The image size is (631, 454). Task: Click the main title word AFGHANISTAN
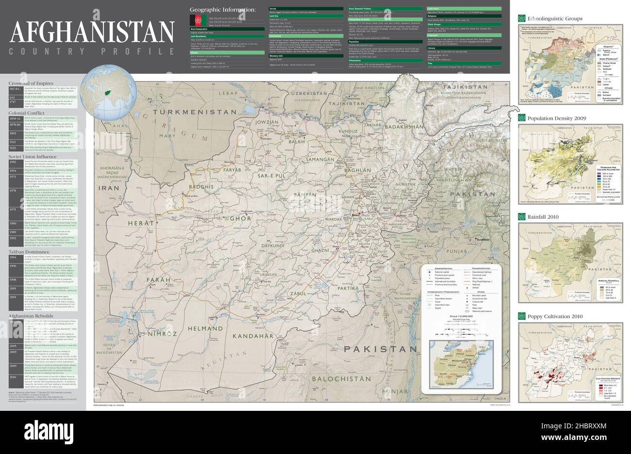coord(92,32)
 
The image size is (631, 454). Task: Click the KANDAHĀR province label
coord(253,336)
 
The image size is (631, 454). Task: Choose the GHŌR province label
coord(240,218)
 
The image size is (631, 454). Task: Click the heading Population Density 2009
coord(557,118)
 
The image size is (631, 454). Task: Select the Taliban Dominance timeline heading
coord(29,252)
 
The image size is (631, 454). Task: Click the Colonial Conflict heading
coord(27,113)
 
